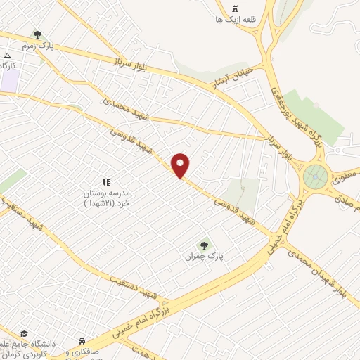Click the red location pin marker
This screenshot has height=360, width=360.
coord(181,165)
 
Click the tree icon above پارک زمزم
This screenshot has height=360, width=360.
coord(37,34)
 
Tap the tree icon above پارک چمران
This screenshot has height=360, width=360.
coord(205,245)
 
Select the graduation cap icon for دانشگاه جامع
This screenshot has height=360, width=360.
coord(25,333)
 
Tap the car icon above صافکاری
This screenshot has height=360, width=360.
coord(83,341)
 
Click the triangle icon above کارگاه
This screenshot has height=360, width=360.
coord(7,55)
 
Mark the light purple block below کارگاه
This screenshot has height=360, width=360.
coord(10,79)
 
